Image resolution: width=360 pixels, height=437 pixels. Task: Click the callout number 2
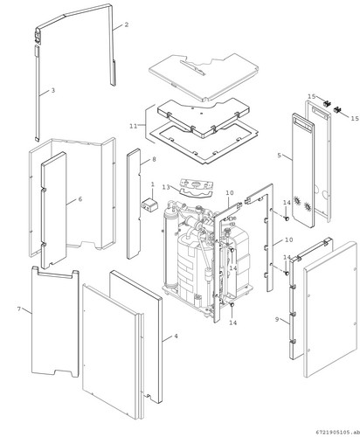127,24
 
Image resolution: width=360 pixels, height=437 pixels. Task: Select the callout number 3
53,90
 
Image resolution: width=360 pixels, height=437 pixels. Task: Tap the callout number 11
134,126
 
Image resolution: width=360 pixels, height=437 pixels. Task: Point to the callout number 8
154,159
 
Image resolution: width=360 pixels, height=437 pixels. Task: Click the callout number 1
153,184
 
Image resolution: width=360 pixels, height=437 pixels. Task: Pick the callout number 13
166,187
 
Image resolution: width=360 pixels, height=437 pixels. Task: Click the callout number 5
280,156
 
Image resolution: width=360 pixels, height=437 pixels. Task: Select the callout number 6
80,199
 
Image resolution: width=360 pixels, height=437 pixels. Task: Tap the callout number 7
19,309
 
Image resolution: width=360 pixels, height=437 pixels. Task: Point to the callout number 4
176,336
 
